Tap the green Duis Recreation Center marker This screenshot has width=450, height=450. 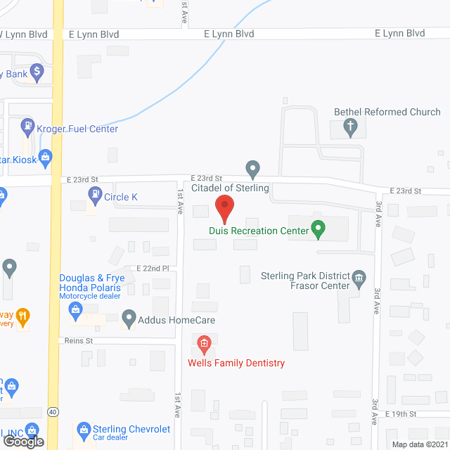[x=318, y=229]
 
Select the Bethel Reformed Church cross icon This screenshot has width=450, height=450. [x=350, y=127]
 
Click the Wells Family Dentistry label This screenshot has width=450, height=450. [x=236, y=363]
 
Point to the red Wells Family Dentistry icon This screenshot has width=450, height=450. [x=204, y=344]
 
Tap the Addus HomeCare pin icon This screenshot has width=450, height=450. [x=129, y=319]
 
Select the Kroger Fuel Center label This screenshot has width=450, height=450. [x=77, y=129]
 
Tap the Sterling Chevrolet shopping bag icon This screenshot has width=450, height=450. [x=83, y=428]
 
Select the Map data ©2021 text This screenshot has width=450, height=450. [x=419, y=444]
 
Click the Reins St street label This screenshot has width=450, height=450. [x=79, y=340]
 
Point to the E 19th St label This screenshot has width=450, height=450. [x=400, y=414]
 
